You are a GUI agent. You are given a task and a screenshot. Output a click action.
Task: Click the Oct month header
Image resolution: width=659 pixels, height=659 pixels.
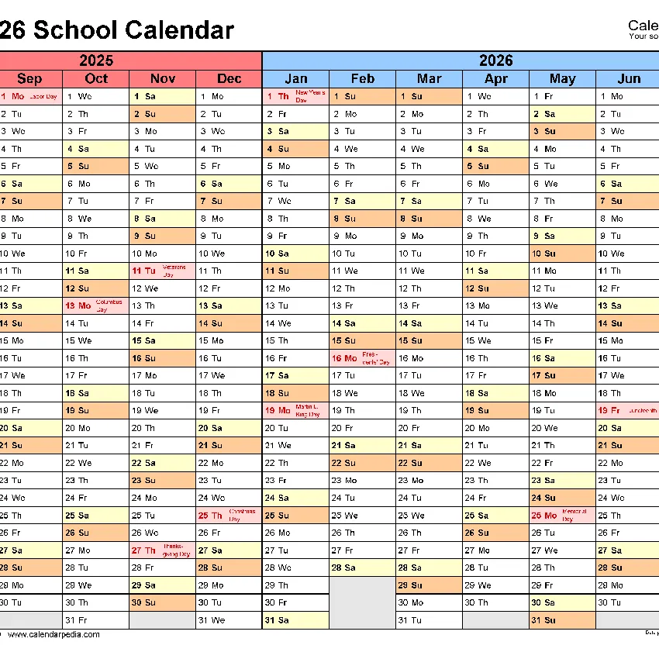(x=96, y=78)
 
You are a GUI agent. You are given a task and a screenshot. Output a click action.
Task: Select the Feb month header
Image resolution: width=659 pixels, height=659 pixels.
(x=362, y=78)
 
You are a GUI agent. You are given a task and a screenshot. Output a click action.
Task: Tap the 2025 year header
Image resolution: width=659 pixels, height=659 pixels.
(x=96, y=60)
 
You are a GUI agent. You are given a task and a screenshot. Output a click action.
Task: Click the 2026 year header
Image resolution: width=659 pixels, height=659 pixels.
(x=496, y=60)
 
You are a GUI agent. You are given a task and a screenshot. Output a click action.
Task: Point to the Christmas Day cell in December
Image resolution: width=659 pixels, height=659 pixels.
(x=229, y=516)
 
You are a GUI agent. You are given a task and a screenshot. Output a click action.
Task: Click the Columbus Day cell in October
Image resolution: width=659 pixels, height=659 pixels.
(x=96, y=305)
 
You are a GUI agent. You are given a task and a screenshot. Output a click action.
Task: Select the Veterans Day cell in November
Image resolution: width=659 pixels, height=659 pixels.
(x=162, y=271)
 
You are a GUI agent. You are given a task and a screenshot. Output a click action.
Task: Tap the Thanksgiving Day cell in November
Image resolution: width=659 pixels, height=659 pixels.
(x=162, y=550)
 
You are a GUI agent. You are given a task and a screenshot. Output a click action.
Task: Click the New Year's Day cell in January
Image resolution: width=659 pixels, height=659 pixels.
(x=295, y=96)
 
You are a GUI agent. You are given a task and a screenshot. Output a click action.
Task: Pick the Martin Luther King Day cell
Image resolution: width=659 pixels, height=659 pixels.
(x=295, y=411)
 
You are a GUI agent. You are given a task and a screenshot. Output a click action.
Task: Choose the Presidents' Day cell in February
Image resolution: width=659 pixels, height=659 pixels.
(x=362, y=358)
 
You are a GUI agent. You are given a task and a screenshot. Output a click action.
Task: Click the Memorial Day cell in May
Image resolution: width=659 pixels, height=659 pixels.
(x=562, y=516)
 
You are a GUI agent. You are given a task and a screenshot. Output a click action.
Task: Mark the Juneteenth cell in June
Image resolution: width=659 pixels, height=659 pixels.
(x=627, y=411)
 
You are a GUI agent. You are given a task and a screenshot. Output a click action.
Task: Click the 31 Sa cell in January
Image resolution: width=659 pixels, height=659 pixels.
(x=295, y=620)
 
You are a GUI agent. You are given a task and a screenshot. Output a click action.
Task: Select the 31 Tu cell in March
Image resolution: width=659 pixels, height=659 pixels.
(x=429, y=620)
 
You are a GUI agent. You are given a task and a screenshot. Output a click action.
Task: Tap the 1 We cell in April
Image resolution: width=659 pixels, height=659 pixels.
(x=496, y=96)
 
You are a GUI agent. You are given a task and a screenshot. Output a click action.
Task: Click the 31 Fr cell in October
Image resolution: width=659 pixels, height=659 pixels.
(x=96, y=620)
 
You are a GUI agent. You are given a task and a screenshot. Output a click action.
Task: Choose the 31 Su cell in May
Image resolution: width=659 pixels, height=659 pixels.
(x=562, y=620)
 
